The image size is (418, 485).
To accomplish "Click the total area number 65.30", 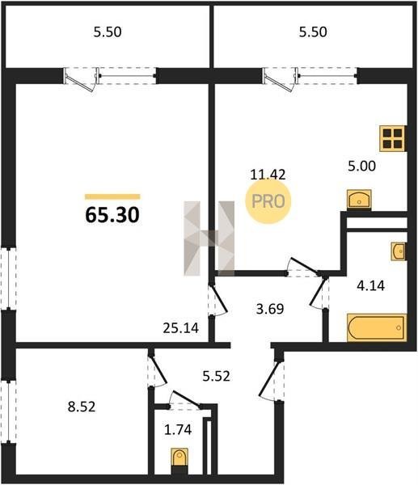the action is coord(112,215).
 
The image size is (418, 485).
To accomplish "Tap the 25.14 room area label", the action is coord(180,328).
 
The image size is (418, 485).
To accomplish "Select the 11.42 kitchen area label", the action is coord(268,175).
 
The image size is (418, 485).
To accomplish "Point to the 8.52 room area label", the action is coord(82,407).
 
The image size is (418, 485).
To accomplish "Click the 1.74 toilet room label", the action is coord(178,430).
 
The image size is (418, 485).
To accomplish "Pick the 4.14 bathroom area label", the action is coord(370,285).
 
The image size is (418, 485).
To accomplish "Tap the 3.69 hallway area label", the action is coord(270,309).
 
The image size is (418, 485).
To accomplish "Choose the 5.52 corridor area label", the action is coord(216,376).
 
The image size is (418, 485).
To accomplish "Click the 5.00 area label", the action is coord(361,166).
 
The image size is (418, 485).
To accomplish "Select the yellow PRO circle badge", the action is coord(268,201).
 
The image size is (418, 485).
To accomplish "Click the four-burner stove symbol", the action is coord(393,138).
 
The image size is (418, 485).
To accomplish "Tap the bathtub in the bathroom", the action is coord(377,327).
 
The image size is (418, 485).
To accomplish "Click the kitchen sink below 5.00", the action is coord(359,199).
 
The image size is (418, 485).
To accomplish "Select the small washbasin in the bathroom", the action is coord(399,251).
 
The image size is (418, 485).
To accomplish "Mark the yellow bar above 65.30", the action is coord(112,196).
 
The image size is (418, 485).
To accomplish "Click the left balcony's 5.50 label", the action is coord(108,32).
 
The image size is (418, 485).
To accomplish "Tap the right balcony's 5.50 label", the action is coord(313,32).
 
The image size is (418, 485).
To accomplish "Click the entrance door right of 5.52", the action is coord(272,379).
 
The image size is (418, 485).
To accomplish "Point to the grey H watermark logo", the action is coord(209,238).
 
